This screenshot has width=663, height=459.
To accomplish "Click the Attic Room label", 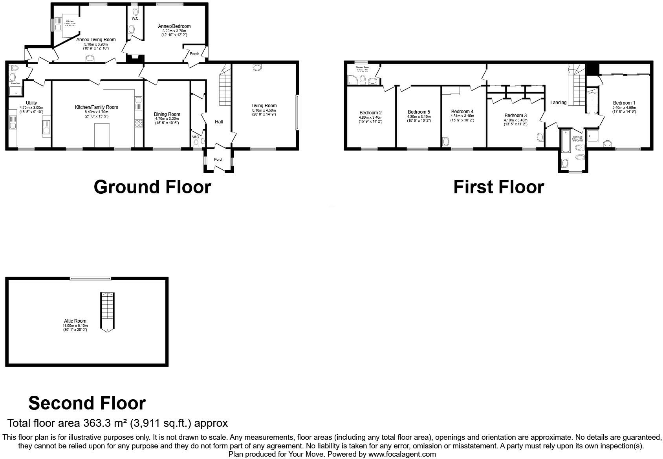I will (75, 321).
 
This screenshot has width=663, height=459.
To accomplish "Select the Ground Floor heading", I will (152, 187).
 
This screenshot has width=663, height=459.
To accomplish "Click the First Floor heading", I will (498, 187).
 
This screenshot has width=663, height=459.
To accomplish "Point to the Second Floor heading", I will (87, 403).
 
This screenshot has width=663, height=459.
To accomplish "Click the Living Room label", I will (264, 106).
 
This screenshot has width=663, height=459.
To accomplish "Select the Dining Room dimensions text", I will (167, 121).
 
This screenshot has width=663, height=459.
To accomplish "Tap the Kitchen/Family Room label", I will (97, 107).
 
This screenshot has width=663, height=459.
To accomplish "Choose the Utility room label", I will (31, 103).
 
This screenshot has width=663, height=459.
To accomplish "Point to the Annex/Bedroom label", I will (174, 26).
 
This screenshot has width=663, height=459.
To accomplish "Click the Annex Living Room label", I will (96, 40).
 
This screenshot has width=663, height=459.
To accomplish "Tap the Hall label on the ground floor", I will (219, 122).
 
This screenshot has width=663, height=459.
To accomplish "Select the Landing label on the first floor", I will (558, 103).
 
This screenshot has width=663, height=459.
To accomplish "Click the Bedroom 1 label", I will (624, 103).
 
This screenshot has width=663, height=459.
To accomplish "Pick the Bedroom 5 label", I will (419, 112).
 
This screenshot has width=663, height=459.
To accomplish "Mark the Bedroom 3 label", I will (515, 116).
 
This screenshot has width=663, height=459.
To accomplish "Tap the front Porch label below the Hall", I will (218, 160).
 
